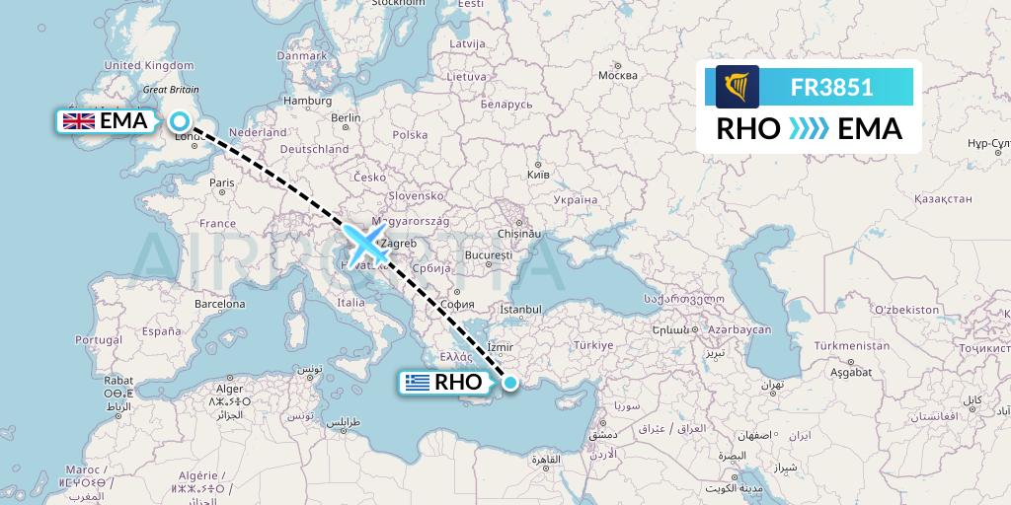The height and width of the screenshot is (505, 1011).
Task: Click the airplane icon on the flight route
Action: pos(365,242)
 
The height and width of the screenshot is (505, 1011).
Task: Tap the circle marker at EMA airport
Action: pos(180,121)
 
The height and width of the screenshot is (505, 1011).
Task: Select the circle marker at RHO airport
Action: pos(510,383)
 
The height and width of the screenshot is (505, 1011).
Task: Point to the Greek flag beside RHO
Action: pos(418,383)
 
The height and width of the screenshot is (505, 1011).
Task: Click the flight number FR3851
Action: pos(831,87)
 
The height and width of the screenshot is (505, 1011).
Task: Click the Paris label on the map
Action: pos(221,182)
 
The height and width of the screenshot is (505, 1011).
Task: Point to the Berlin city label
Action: pos(347,117)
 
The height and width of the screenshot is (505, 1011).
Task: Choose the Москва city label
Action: pos(619,76)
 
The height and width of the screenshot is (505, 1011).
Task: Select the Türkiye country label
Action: pos(594,345)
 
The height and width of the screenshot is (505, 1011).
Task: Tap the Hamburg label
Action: pos(306,100)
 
